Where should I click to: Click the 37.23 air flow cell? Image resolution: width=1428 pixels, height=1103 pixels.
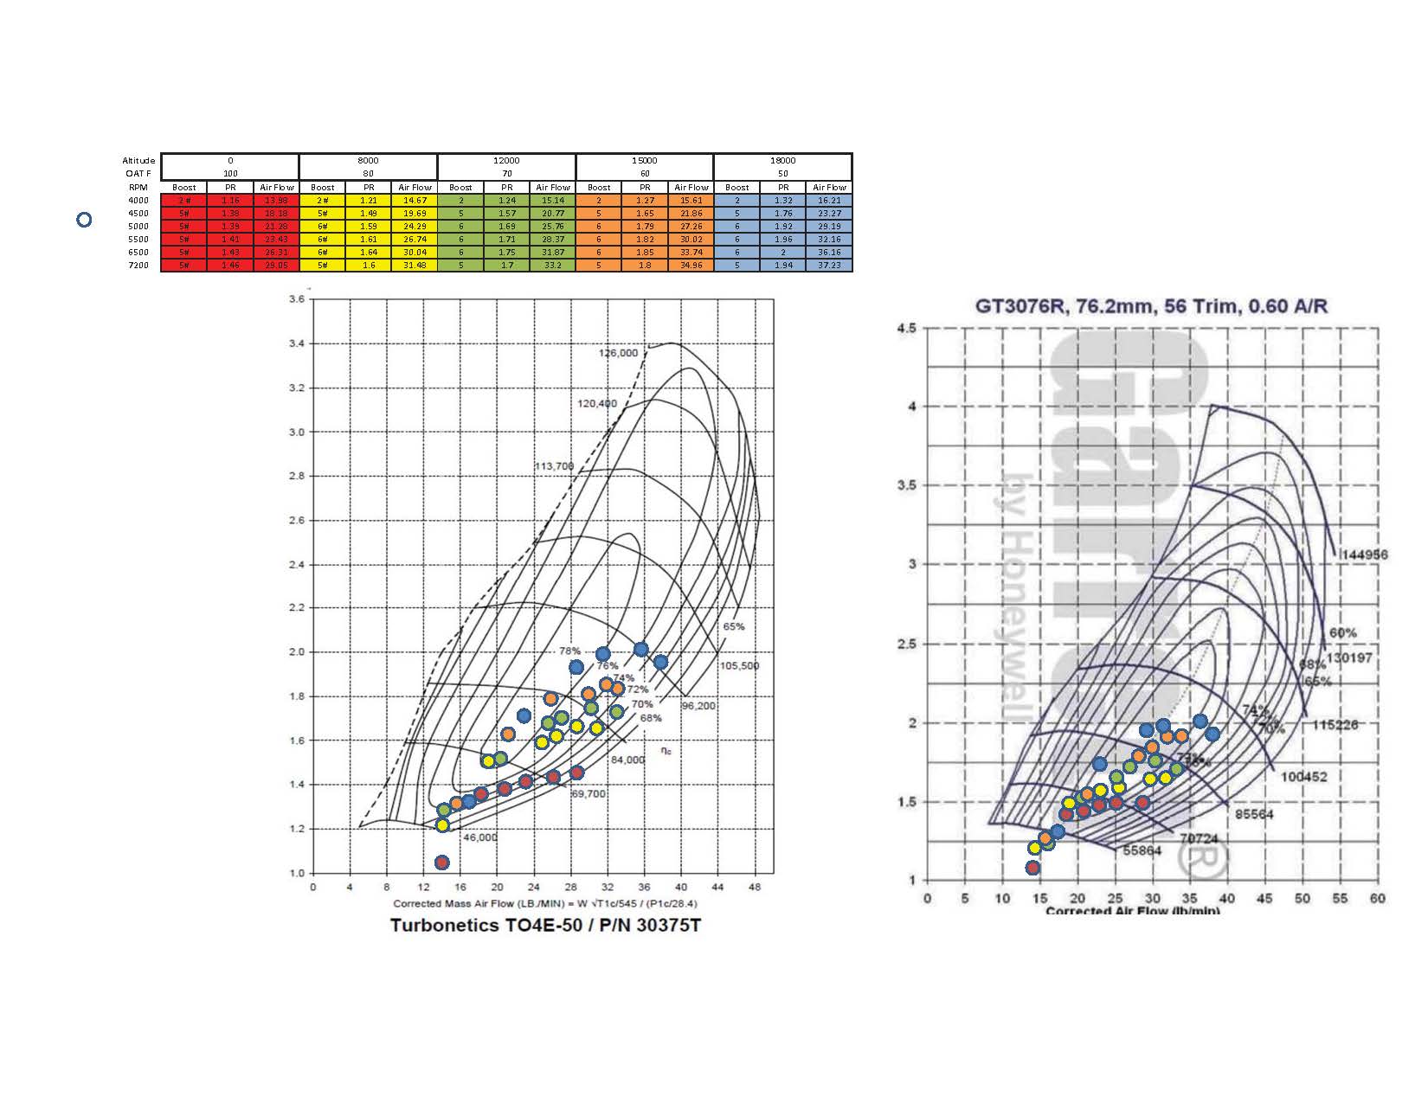(828, 266)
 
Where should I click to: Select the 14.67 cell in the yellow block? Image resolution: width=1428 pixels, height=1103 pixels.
(415, 201)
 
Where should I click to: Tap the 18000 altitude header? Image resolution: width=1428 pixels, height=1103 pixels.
(782, 160)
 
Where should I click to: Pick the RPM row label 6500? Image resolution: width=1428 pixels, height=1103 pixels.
(138, 253)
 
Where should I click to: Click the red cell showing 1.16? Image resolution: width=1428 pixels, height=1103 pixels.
(230, 201)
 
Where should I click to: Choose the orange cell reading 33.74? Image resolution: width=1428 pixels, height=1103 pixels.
(691, 253)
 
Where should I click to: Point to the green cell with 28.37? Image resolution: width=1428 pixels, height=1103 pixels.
(552, 240)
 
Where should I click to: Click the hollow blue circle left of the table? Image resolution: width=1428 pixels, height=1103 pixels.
(84, 220)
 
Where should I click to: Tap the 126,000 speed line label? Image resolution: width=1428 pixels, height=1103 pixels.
(618, 353)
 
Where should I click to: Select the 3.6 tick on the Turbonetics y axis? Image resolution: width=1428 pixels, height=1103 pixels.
(297, 299)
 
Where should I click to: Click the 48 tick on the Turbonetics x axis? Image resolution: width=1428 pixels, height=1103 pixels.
(754, 888)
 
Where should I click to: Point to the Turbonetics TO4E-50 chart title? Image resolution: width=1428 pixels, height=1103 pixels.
(545, 926)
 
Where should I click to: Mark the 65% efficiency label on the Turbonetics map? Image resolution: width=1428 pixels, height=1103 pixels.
(733, 626)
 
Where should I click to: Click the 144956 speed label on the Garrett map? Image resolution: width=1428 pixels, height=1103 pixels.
(1364, 555)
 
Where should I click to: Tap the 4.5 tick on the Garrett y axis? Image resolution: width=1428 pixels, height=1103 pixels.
(907, 328)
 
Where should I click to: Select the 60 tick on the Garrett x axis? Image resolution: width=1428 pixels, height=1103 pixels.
(1377, 899)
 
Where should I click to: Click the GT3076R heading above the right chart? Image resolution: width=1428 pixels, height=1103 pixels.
(1151, 306)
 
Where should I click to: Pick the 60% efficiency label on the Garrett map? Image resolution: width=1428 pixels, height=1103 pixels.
(1342, 633)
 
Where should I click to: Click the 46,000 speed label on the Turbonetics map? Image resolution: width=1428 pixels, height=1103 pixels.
(480, 837)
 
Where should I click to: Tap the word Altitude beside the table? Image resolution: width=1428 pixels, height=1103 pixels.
(138, 160)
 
